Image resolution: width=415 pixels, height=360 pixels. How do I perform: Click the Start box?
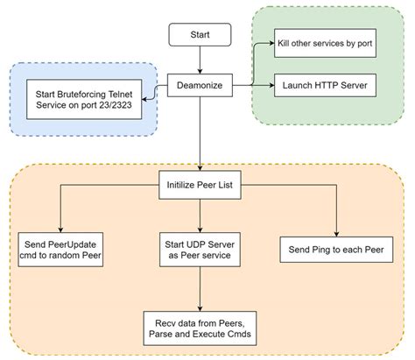point(200,36)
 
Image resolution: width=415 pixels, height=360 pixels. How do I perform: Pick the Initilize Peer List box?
point(200,184)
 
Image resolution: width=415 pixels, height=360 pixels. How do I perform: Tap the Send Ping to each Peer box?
point(335,249)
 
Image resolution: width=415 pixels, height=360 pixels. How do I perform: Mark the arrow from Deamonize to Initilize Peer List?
point(200,131)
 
